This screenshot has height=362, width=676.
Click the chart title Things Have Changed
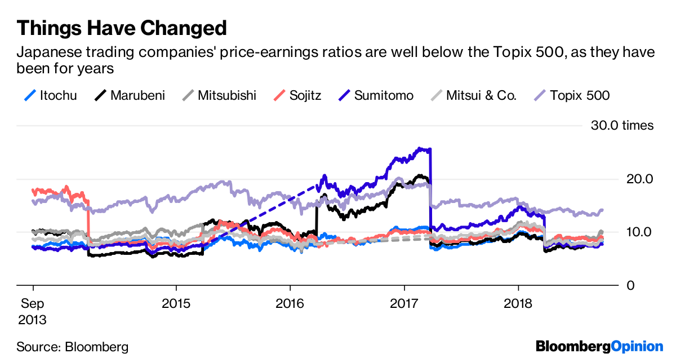click(122, 27)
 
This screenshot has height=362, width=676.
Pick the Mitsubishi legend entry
click(218, 95)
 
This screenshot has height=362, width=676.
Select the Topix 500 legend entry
click(571, 95)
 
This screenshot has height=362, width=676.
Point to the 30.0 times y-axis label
click(622, 125)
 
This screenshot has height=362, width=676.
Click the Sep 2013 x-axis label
click(32, 311)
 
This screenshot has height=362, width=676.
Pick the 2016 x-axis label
click(290, 303)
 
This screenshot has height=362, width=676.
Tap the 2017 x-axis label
click(403, 303)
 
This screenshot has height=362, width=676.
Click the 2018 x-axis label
click(518, 303)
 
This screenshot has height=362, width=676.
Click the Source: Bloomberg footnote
click(72, 346)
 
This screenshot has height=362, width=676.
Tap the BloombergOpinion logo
click(599, 346)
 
